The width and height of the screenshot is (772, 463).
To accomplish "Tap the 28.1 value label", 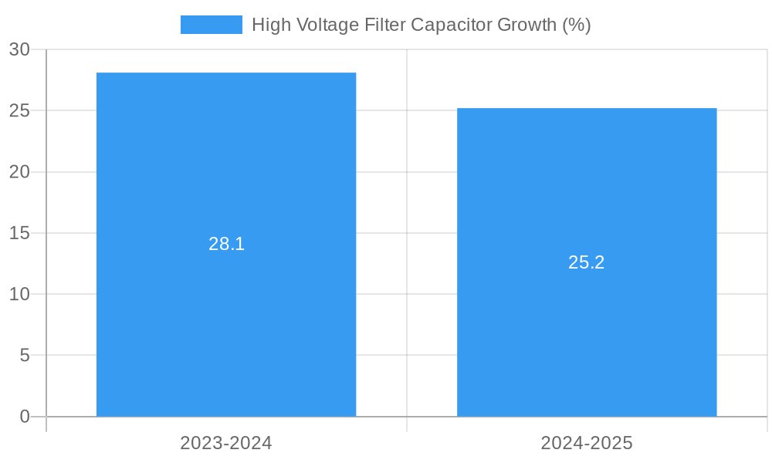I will pos(226,244).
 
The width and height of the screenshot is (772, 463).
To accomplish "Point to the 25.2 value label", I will pos(587,262).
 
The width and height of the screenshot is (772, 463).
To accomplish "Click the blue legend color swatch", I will pos(211,25).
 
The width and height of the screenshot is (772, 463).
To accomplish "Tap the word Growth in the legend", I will pos(527,25).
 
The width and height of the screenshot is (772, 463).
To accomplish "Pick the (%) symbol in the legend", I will pos(577,25).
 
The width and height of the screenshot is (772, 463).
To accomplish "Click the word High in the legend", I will pos(269,25).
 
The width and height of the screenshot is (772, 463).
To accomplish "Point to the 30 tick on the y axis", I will pos(19,49).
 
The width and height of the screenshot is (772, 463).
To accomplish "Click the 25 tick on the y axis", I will pos(19,110).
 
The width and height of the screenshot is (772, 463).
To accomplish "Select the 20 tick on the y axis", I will pos(19,172).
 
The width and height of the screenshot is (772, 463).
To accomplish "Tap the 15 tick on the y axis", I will pos(19,233).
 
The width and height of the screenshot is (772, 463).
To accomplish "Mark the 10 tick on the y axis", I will pos(19,294).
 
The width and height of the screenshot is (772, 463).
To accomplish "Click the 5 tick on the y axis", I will pos(25,355).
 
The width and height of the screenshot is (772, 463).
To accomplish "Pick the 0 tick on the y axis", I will pos(25,417).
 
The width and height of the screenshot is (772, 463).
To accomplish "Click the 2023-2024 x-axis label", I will pos(226,443).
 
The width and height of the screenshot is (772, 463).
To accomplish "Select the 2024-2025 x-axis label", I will pos(587,443).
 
